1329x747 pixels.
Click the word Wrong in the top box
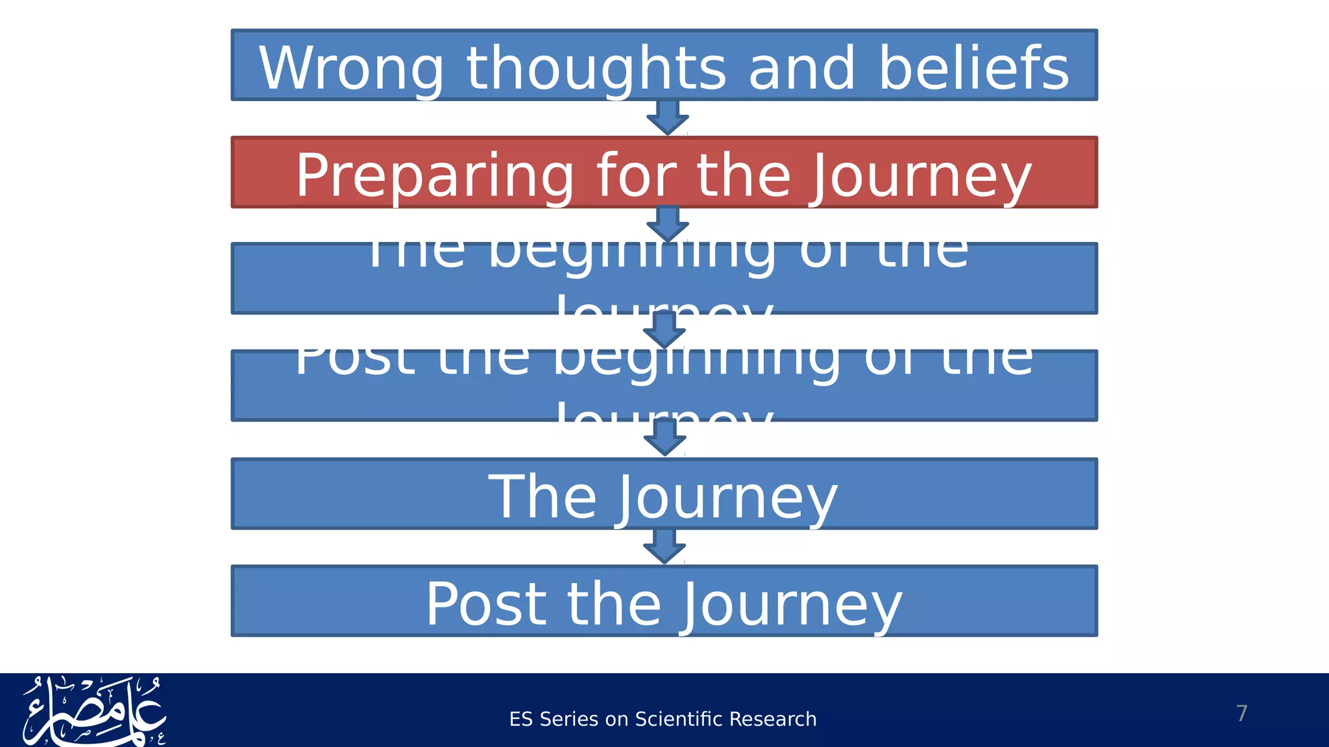click(351, 69)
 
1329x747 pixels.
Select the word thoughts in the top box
click(596, 69)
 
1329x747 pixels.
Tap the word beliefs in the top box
click(973, 69)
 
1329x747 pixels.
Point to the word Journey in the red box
click(920, 176)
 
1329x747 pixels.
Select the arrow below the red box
click(668, 224)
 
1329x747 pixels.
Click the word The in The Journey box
click(543, 498)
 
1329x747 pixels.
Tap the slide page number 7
click(1241, 713)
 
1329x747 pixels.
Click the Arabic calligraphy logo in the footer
click(95, 711)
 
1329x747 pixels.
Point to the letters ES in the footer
click(521, 719)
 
